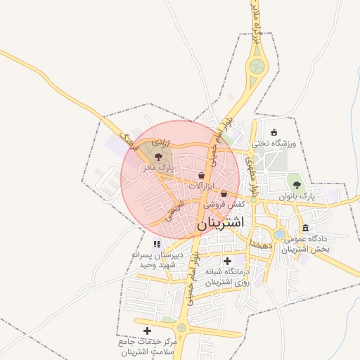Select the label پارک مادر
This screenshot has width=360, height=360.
point(157,169)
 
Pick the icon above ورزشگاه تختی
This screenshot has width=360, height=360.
point(274,132)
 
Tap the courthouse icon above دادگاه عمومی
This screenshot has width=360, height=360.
point(305,228)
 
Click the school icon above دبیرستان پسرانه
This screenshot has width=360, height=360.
point(156,244)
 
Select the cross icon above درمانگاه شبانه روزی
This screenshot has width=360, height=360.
point(226,261)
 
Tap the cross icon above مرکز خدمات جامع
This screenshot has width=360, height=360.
point(147,330)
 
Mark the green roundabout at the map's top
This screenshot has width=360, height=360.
point(257,67)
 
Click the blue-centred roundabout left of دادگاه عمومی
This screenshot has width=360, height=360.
point(279,233)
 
